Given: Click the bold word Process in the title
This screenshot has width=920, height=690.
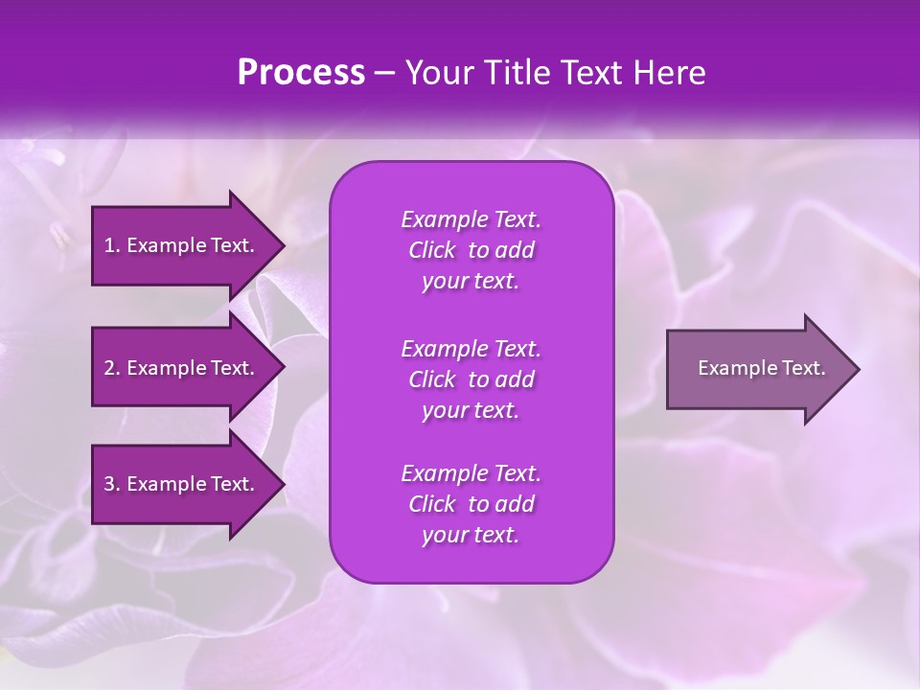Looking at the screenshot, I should tap(301, 73).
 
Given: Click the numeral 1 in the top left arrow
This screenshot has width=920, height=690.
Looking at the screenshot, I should tap(109, 245).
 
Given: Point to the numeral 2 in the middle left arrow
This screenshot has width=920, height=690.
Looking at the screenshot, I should tap(109, 368).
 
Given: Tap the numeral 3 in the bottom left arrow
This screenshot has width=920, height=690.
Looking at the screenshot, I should tap(109, 484).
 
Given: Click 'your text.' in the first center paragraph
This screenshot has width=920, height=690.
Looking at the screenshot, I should tap(471, 282).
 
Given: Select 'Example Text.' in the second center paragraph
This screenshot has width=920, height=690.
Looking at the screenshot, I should tap(471, 348).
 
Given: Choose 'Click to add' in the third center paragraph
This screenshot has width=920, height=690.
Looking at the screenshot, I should tap(471, 504).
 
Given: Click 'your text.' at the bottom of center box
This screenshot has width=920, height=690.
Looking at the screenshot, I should tap(471, 536).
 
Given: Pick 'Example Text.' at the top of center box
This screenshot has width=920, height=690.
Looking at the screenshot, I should tap(471, 219).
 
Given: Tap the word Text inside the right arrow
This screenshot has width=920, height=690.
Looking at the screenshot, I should tap(803, 368).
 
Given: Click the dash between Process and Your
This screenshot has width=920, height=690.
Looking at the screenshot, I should tap(384, 74).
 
